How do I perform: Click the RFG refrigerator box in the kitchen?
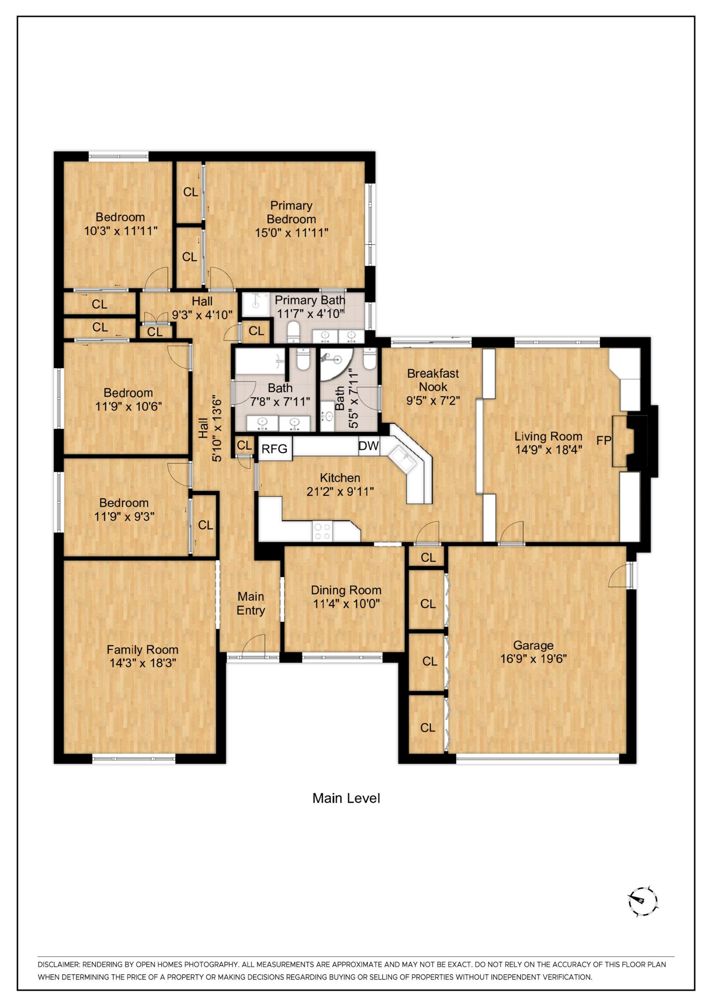pos(275,449)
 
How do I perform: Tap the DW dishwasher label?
pos(368,446)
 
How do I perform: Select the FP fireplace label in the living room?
pos(604,440)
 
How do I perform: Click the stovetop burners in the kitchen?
pos(323,531)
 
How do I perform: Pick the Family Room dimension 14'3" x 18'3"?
pos(143,663)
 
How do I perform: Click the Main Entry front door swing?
pos(254,646)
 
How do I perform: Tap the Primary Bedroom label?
pos(291,212)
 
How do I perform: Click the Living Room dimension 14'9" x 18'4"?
pos(548,450)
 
